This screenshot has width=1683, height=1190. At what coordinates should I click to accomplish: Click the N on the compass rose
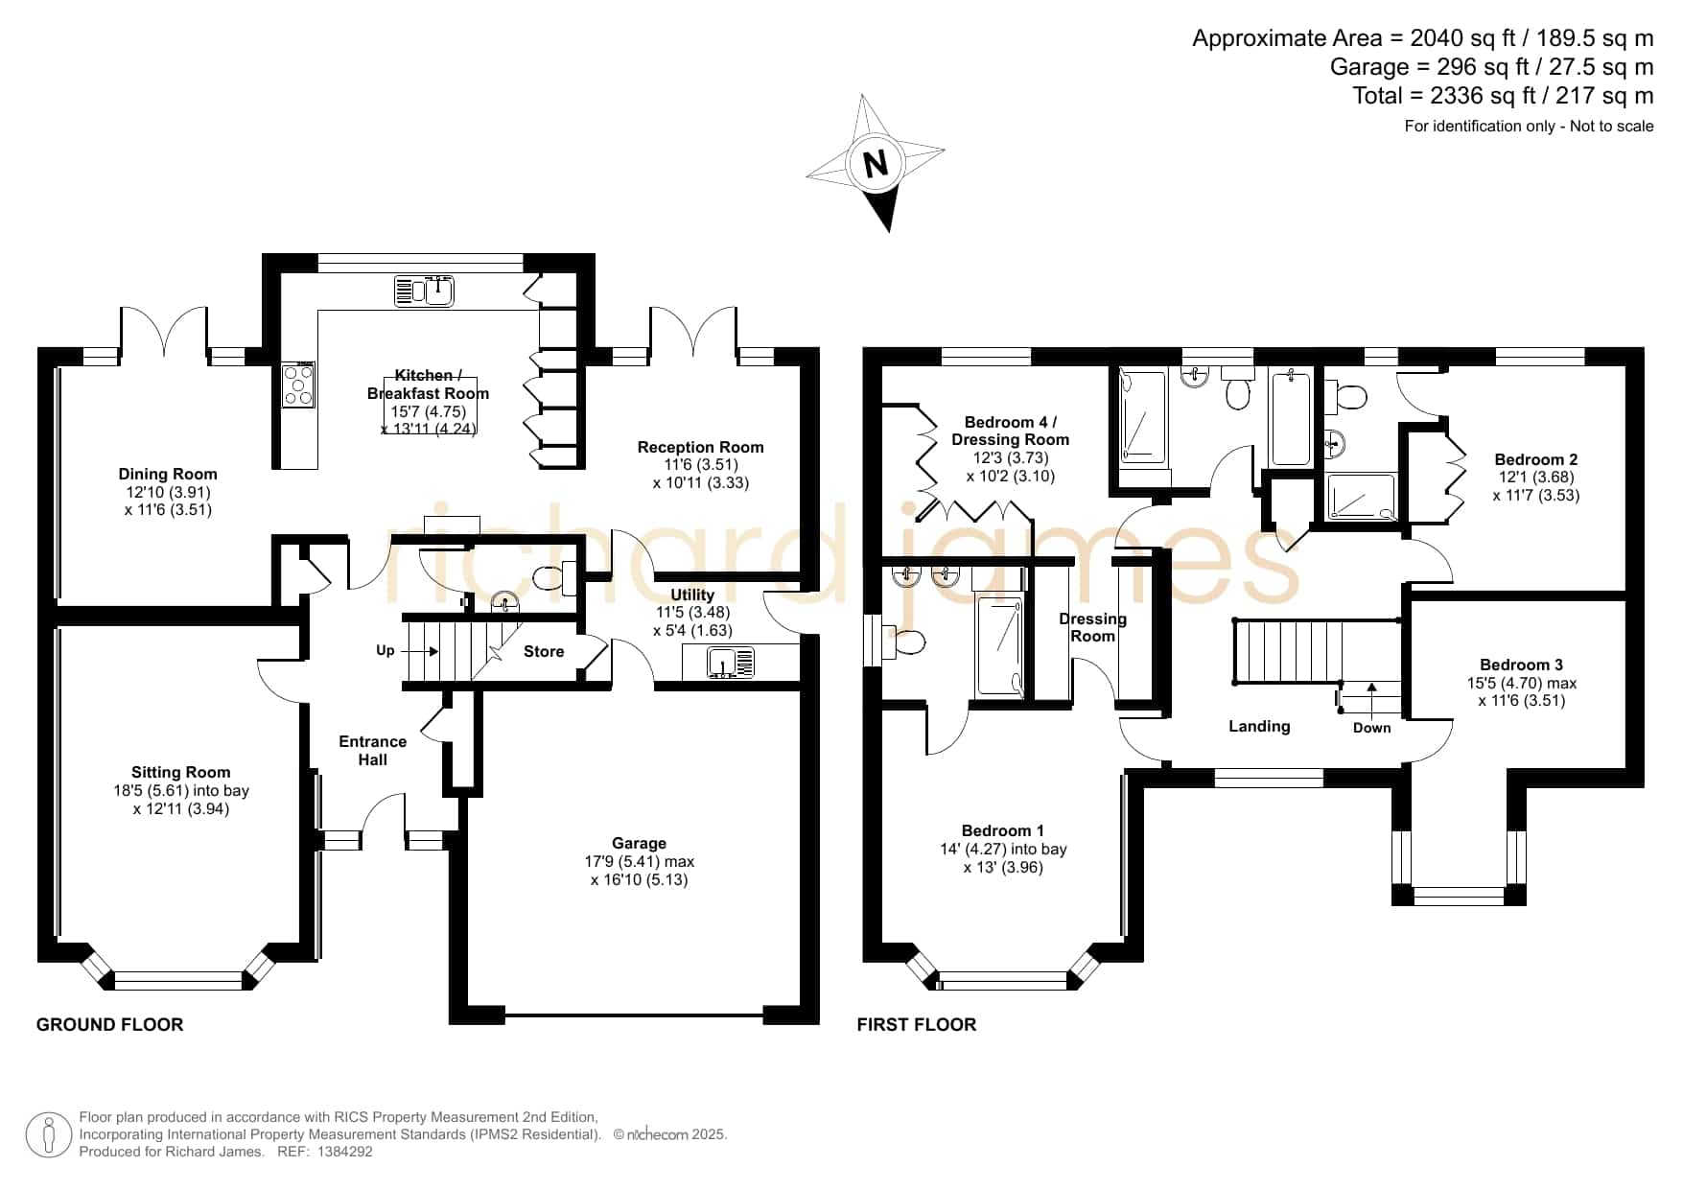click(x=876, y=164)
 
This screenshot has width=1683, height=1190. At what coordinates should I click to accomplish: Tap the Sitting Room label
click(x=181, y=772)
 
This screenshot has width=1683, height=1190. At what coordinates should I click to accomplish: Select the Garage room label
click(x=639, y=844)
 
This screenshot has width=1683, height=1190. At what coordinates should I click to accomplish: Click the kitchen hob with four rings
click(x=298, y=385)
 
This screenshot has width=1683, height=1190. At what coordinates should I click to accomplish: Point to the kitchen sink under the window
click(x=424, y=291)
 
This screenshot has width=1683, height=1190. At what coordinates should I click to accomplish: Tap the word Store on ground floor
click(x=544, y=652)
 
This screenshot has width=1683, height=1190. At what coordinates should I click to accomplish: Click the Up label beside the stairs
click(x=386, y=651)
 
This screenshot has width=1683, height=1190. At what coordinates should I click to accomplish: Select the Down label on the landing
click(x=1371, y=728)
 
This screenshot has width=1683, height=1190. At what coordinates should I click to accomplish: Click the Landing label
click(x=1259, y=727)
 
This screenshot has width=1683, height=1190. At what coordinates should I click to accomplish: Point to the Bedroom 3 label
click(x=1521, y=665)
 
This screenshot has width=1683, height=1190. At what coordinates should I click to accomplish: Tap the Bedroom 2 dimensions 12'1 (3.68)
click(x=1536, y=478)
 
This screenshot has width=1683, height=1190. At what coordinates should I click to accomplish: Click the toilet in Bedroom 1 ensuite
click(x=907, y=640)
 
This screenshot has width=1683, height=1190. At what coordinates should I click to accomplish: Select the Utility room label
click(x=692, y=595)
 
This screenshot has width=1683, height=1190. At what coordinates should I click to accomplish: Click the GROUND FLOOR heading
click(x=110, y=1025)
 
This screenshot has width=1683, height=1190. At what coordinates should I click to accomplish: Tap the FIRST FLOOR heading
click(x=917, y=1025)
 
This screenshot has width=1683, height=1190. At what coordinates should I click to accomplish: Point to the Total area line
click(x=1503, y=96)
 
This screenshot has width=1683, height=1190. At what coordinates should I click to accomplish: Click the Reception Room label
click(x=701, y=447)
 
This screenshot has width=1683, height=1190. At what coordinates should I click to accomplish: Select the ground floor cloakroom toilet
click(x=550, y=578)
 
